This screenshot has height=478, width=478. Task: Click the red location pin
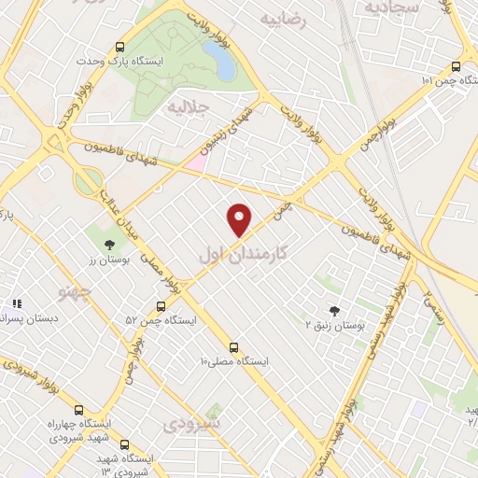click(240, 219)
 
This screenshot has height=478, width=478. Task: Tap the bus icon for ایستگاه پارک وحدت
click(119, 47)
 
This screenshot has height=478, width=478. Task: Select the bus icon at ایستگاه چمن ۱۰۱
click(456, 66)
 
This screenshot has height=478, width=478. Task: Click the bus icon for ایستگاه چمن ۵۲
click(161, 305)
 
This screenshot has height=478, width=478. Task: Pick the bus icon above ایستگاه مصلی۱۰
click(233, 346)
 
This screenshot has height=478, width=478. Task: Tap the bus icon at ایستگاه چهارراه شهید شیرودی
click(78, 410)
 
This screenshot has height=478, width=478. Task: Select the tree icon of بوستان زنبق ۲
click(335, 311)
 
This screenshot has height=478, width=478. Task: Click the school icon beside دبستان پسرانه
click(16, 304)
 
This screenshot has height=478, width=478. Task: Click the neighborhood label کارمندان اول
click(242, 252)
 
